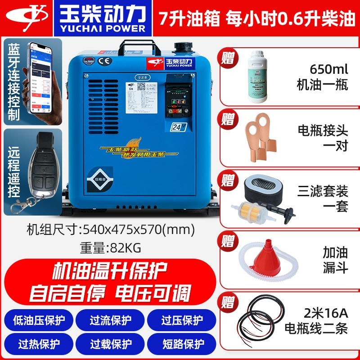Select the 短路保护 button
pyautogui.click(x=182, y=344)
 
